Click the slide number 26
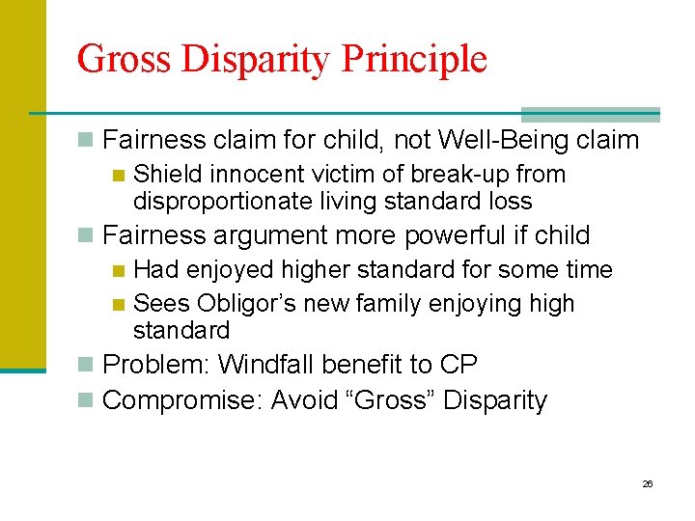[648, 483]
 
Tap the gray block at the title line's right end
[590, 114]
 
